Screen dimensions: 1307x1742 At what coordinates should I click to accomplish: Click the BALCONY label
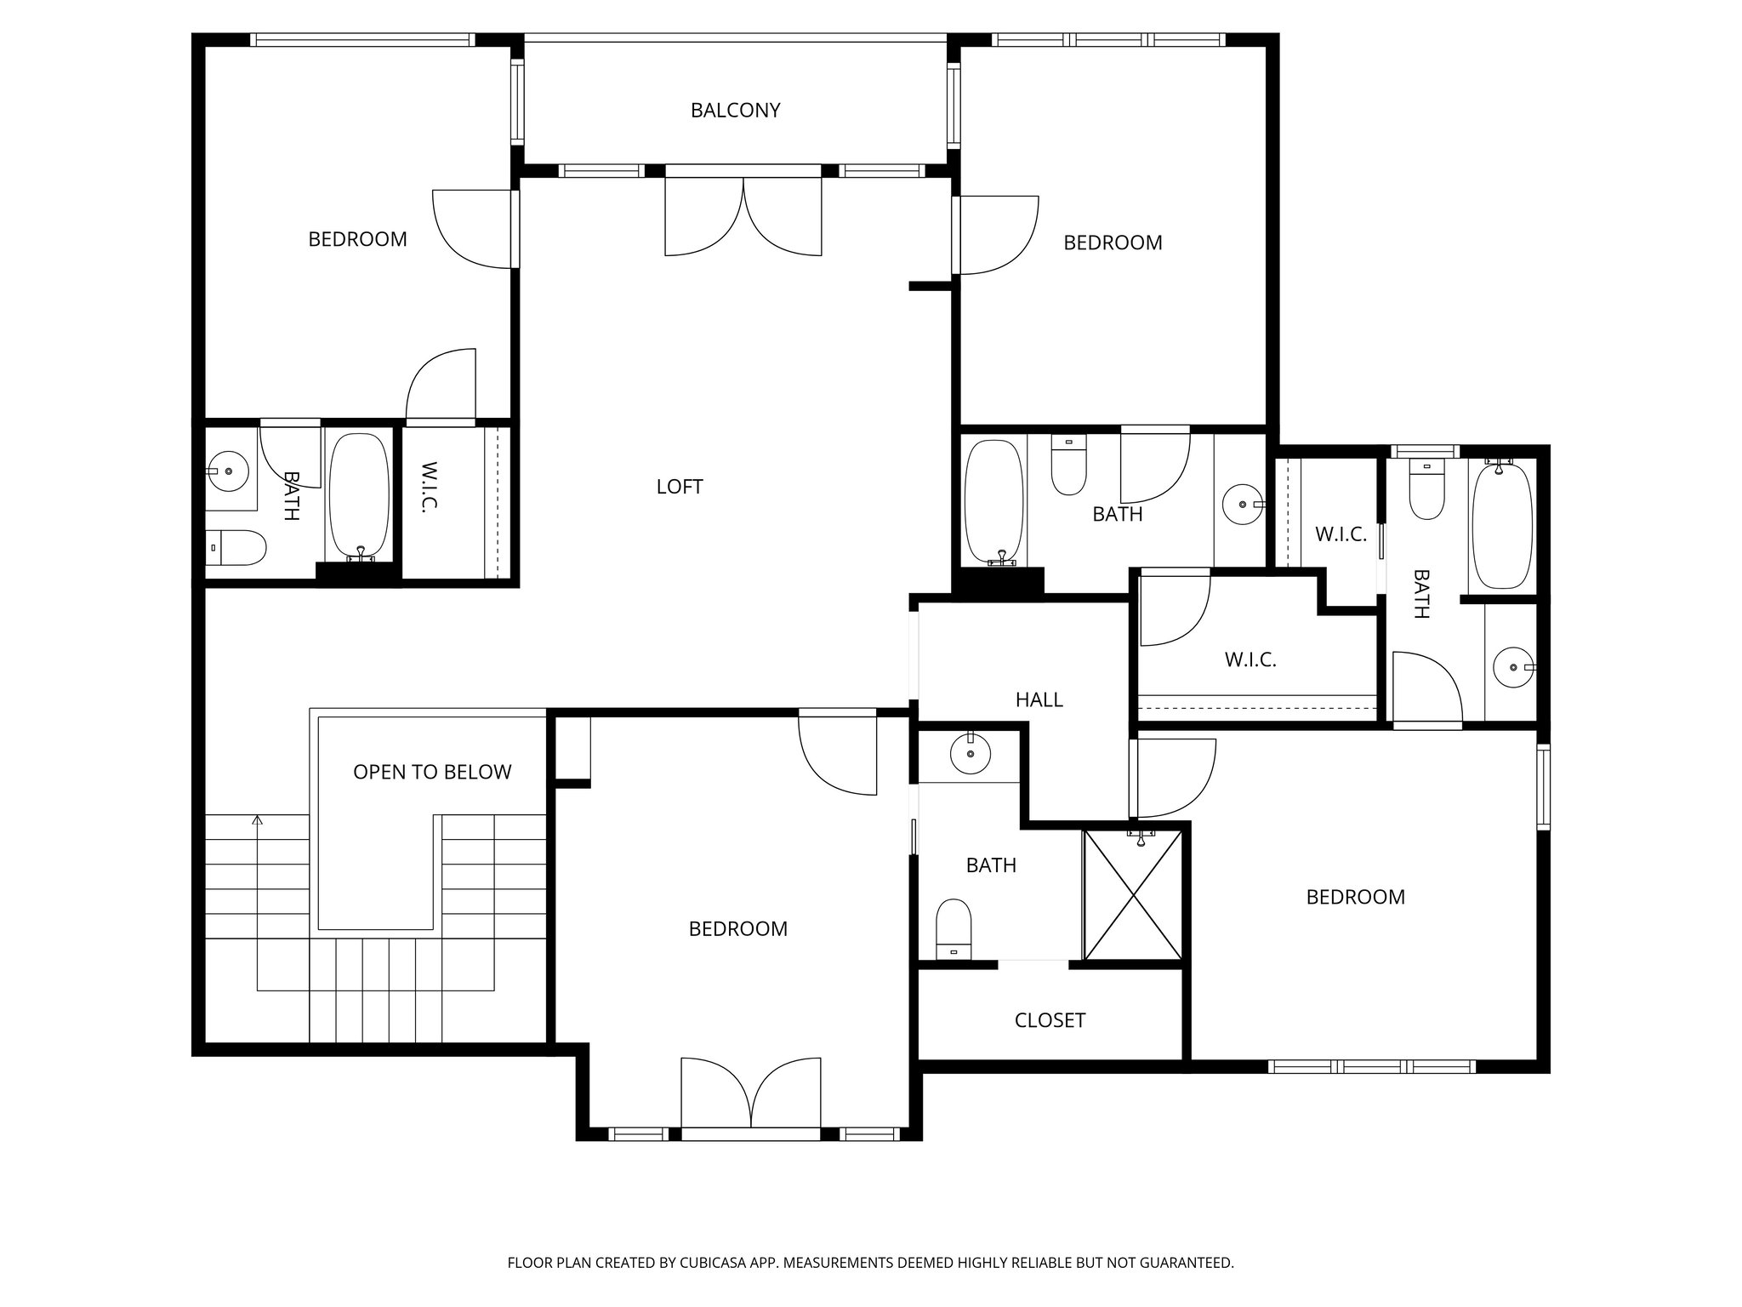(735, 111)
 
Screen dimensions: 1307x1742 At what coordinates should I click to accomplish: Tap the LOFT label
(680, 487)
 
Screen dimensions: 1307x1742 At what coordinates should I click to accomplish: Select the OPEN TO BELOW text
(432, 772)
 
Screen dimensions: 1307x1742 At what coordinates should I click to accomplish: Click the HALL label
(1039, 699)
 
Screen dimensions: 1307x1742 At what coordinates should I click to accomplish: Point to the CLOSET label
(1050, 1020)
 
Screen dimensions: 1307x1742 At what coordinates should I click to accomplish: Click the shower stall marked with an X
(1132, 896)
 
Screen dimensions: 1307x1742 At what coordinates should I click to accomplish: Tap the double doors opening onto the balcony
(743, 216)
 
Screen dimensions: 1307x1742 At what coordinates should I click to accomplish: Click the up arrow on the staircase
(257, 821)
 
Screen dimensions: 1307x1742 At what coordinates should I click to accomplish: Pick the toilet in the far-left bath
(237, 547)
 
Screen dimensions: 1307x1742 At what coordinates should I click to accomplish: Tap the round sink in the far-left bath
(227, 471)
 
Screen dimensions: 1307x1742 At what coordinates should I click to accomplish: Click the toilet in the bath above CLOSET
(954, 930)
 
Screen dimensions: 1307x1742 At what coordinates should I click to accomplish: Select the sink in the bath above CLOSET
(970, 753)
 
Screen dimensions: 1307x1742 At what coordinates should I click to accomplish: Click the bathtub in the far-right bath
(1501, 526)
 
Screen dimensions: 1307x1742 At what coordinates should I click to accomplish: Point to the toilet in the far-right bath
(1426, 491)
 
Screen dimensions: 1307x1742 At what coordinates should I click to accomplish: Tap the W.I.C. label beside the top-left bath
(429, 487)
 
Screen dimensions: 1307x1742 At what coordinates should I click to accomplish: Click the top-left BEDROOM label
(357, 240)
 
